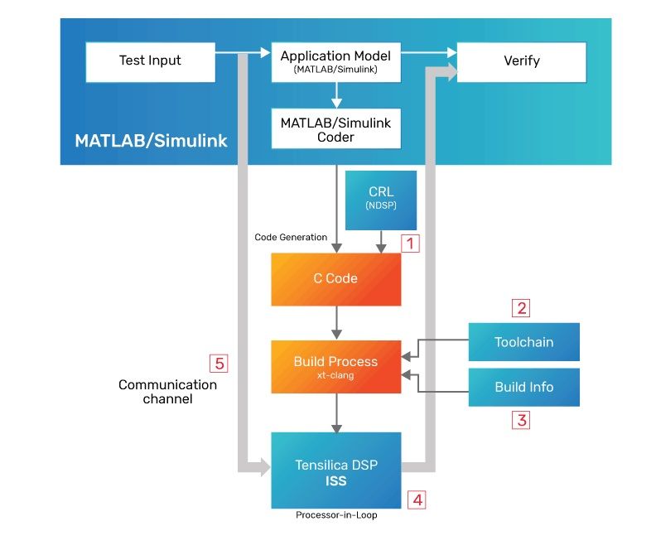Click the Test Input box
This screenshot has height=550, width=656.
150,60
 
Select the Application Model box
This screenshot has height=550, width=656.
335,61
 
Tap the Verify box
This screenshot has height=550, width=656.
521,61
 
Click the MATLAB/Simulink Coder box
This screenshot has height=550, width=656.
335,129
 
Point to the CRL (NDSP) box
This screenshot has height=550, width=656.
381,199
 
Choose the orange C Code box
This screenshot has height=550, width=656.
335,279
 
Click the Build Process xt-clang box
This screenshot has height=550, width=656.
335,366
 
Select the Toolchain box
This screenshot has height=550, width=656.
523,342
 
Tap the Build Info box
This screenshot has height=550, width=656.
523,387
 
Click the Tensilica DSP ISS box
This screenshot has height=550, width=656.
335,471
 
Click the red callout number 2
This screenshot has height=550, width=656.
522,309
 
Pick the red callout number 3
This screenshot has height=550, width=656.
522,420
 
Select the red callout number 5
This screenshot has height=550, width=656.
219,363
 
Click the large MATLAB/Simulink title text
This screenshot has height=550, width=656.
151,140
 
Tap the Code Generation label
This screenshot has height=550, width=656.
290,238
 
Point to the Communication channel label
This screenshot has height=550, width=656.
167,392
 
